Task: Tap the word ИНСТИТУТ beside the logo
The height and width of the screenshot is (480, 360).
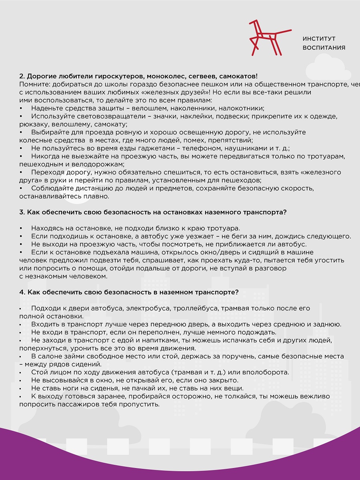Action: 319,39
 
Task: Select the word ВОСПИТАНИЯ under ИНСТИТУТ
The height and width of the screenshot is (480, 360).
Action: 324,48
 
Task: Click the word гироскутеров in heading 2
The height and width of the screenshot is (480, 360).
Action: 119,76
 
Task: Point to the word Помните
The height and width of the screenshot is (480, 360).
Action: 33,84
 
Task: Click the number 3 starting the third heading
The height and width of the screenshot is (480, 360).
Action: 21,212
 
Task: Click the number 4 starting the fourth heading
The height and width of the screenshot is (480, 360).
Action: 21,292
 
